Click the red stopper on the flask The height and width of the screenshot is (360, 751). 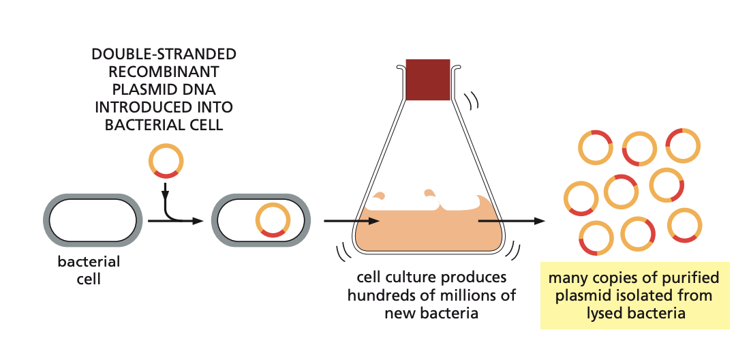tap(427, 79)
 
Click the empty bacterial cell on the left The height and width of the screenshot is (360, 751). tap(93, 220)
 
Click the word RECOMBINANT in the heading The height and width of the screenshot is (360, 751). tap(164, 72)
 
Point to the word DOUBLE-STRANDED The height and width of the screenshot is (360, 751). tap(164, 54)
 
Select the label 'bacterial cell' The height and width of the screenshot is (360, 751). tap(89, 270)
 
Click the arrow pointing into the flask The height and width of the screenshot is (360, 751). tap(350, 221)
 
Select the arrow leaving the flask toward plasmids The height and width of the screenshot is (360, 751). tap(511, 221)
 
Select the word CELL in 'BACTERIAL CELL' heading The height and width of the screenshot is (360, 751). tap(206, 125)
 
